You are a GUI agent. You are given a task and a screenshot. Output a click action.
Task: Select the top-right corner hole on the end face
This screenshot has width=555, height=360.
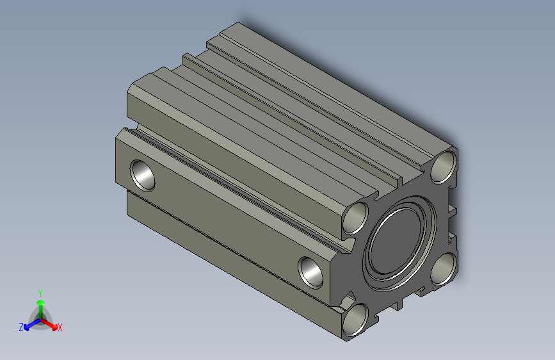(x=444, y=168)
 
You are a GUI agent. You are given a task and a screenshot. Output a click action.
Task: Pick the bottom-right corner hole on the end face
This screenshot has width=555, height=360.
(x=443, y=268)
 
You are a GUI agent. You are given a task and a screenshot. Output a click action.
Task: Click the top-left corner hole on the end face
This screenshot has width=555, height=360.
(x=356, y=218)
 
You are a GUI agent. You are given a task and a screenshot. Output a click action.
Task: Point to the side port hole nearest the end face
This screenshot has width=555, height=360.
(x=312, y=271)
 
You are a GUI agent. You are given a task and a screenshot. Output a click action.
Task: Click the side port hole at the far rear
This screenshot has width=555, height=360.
(x=142, y=174)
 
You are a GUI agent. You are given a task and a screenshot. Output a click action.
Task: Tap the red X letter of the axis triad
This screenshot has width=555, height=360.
(x=60, y=328)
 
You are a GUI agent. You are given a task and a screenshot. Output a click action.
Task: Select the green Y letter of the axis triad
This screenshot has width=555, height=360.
(x=40, y=291)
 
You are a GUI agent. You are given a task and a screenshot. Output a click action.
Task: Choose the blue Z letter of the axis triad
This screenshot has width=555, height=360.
(x=21, y=327)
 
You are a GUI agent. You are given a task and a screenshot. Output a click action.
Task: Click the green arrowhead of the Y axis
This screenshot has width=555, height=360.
(x=40, y=302)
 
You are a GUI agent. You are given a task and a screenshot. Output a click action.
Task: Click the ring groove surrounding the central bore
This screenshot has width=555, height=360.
(x=368, y=256)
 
